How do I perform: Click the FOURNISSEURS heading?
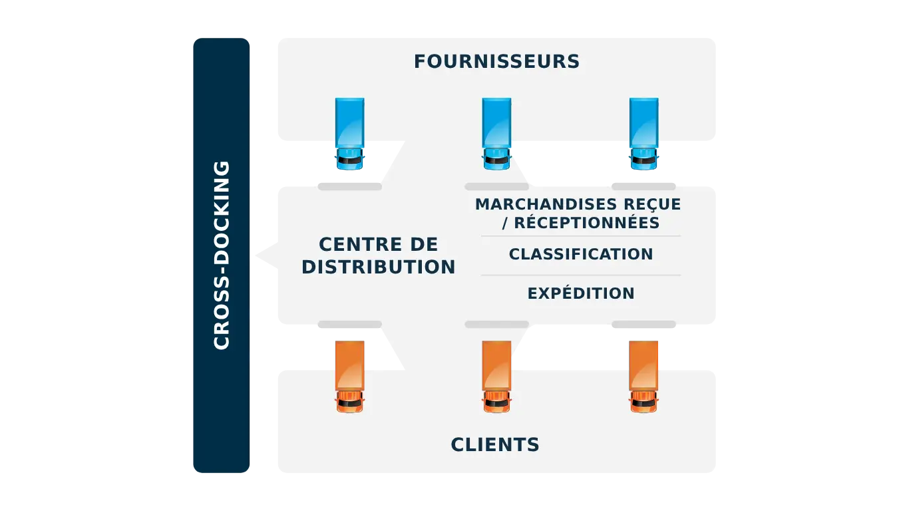coord(496,62)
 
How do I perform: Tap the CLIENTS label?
coord(495,444)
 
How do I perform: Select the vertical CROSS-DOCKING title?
coord(222,255)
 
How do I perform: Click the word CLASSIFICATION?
coord(580,254)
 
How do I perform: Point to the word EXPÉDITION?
coord(580,293)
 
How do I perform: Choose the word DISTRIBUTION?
coord(378,267)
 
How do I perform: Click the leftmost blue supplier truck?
coord(349,133)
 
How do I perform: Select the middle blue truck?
coord(496,133)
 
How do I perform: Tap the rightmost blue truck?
coord(643,133)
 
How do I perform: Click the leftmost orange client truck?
coord(349,377)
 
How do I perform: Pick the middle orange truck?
coord(496,377)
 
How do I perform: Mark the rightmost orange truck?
coord(643,377)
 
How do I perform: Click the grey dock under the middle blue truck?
coord(496,186)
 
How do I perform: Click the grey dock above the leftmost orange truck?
coord(349,325)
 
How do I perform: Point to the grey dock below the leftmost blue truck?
coord(349,186)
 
